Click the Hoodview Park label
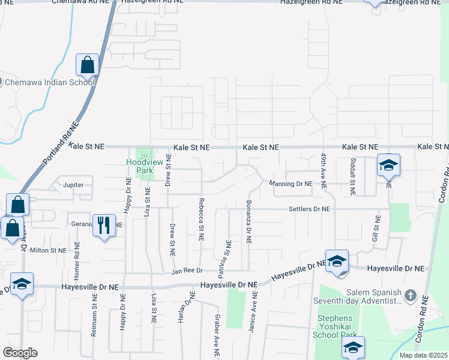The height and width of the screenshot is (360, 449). point(140,166)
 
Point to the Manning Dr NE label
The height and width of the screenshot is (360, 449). point(291,184)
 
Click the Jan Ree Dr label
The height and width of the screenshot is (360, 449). point(188,271)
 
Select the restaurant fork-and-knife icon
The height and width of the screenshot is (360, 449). point(104,226)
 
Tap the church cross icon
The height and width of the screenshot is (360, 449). point(410,296)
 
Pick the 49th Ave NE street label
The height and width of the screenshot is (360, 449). point(323,171)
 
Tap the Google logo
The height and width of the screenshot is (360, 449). point(20,353)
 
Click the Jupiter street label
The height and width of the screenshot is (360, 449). point(73,185)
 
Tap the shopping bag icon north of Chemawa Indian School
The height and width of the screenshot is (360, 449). point(88,65)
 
